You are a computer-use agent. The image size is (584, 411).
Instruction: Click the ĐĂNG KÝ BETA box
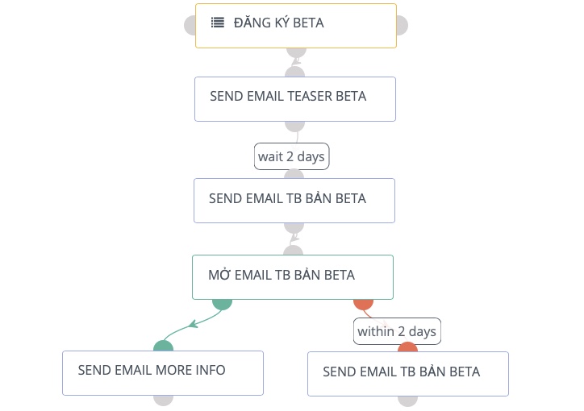coord(296,25)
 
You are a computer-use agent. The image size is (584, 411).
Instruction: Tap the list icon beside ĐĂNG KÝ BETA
coord(218,23)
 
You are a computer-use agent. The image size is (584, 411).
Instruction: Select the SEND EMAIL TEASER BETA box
coord(294,98)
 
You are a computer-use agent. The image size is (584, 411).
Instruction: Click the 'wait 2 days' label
coord(291,156)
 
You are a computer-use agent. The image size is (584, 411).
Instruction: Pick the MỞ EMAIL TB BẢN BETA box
coord(292,276)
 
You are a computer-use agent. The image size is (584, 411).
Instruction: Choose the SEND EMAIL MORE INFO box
coord(162,372)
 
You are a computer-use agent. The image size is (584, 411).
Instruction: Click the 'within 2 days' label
coord(397,331)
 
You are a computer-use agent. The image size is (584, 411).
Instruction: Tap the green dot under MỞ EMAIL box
coord(222,303)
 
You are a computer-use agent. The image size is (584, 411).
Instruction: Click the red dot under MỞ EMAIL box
coord(363,303)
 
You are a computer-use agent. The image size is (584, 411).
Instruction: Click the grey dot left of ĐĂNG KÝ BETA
coord(191,25)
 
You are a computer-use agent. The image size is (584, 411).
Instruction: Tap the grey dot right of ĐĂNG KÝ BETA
coord(400,25)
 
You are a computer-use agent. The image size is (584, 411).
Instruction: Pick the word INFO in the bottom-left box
coord(211,371)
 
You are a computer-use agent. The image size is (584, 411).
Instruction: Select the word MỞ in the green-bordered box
coord(219,275)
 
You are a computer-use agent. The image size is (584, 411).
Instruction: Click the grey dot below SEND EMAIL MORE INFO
coord(163,399)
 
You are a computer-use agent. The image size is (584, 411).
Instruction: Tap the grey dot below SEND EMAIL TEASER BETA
coord(294,125)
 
